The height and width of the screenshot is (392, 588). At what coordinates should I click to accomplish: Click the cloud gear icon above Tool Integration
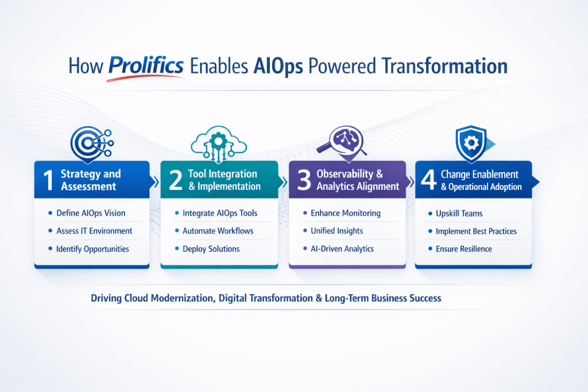pos(219,141)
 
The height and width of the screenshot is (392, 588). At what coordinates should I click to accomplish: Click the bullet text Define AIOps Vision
pos(91,213)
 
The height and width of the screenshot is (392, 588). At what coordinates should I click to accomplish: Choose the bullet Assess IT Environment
pos(94,231)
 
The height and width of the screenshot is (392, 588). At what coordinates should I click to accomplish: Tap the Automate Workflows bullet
pos(218,231)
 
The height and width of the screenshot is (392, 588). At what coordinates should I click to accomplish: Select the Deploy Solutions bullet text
pos(211,249)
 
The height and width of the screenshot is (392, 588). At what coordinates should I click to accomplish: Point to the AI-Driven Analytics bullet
pos(342,249)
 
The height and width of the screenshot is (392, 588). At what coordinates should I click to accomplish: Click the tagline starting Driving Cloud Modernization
pos(265,298)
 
